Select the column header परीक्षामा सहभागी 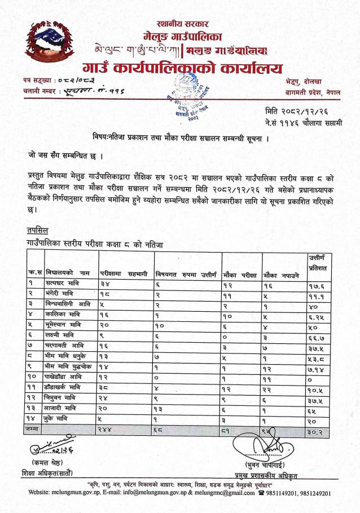(x=124, y=273)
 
